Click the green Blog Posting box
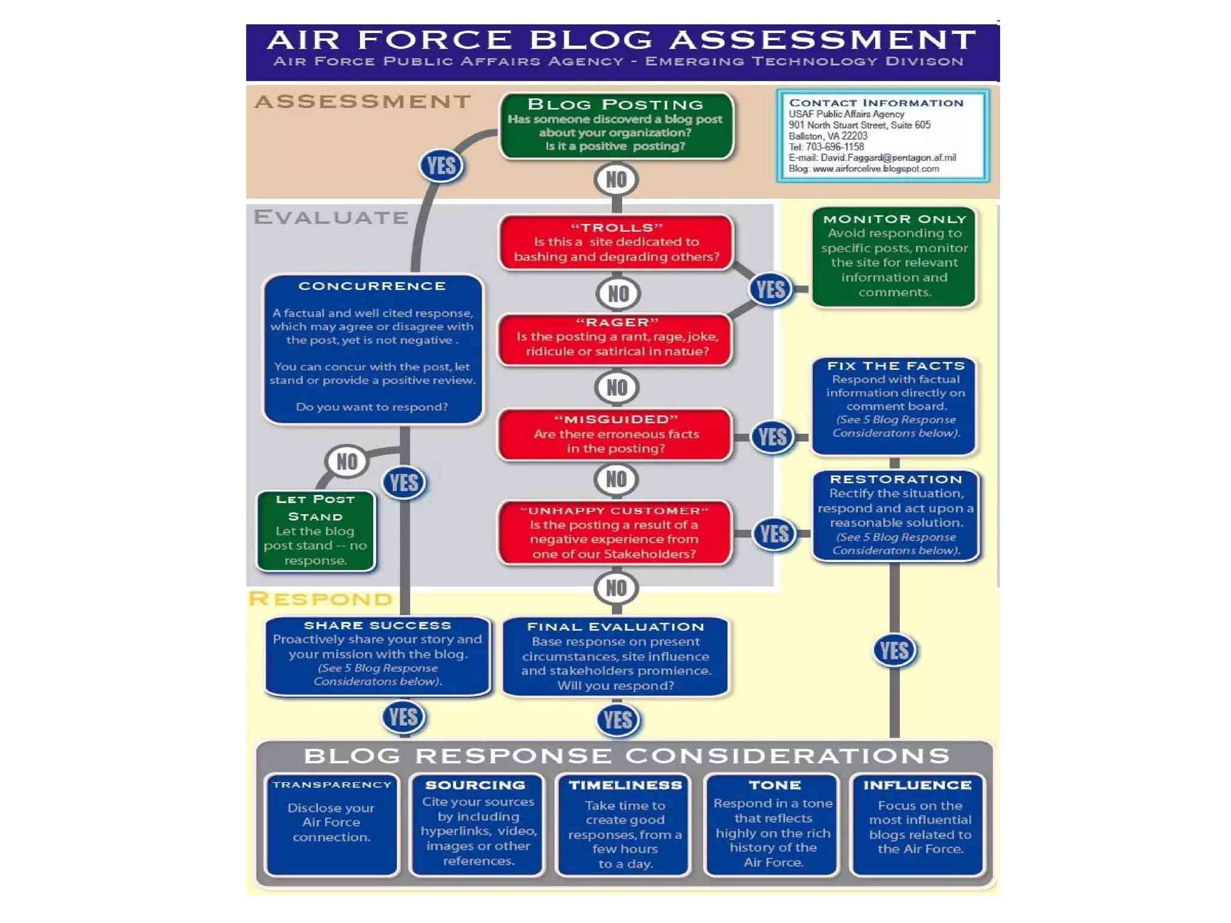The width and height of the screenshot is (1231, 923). pyautogui.click(x=616, y=126)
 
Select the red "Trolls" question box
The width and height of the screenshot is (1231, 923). pyautogui.click(x=616, y=242)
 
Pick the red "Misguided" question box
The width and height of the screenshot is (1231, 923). pyautogui.click(x=616, y=434)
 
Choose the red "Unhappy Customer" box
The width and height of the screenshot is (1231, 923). pyautogui.click(x=615, y=533)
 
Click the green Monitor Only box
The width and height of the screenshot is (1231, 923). pyautogui.click(x=894, y=257)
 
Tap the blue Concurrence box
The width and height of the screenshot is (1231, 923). pyautogui.click(x=373, y=349)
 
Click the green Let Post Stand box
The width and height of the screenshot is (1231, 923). pyautogui.click(x=316, y=531)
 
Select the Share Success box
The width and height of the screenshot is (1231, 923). pyautogui.click(x=377, y=655)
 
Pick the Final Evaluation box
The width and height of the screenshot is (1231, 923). pyautogui.click(x=615, y=657)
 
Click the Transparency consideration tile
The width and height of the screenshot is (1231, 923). pyautogui.click(x=332, y=824)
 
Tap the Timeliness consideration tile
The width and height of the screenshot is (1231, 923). pyautogui.click(x=625, y=824)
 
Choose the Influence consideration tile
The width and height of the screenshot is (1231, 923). pyautogui.click(x=918, y=824)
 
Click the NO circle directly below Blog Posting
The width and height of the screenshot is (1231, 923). pyautogui.click(x=616, y=180)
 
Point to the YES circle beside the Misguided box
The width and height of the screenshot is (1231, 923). pyautogui.click(x=772, y=437)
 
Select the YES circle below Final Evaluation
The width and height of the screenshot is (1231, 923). pyautogui.click(x=617, y=720)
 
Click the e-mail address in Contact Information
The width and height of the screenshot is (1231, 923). pyautogui.click(x=888, y=158)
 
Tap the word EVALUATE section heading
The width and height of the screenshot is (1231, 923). pyautogui.click(x=331, y=217)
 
